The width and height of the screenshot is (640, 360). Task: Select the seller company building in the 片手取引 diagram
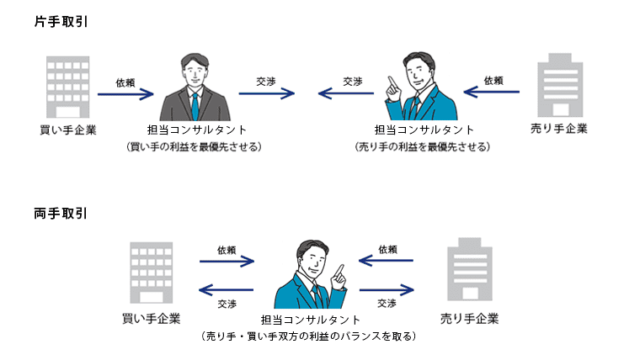click(x=560, y=87)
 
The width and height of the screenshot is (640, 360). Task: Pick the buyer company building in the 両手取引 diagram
click(x=151, y=273)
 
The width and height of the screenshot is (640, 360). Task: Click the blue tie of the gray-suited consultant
click(x=194, y=104)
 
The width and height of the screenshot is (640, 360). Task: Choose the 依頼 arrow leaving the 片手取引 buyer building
click(x=125, y=95)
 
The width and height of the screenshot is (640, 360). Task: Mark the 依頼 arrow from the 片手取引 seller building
click(x=493, y=95)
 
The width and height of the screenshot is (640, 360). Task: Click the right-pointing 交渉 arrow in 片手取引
click(x=266, y=95)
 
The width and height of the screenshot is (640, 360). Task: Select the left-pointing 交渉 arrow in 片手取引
click(x=350, y=95)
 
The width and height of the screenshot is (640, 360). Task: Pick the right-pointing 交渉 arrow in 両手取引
click(x=389, y=290)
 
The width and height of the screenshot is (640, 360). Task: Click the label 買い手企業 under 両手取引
click(x=151, y=319)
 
